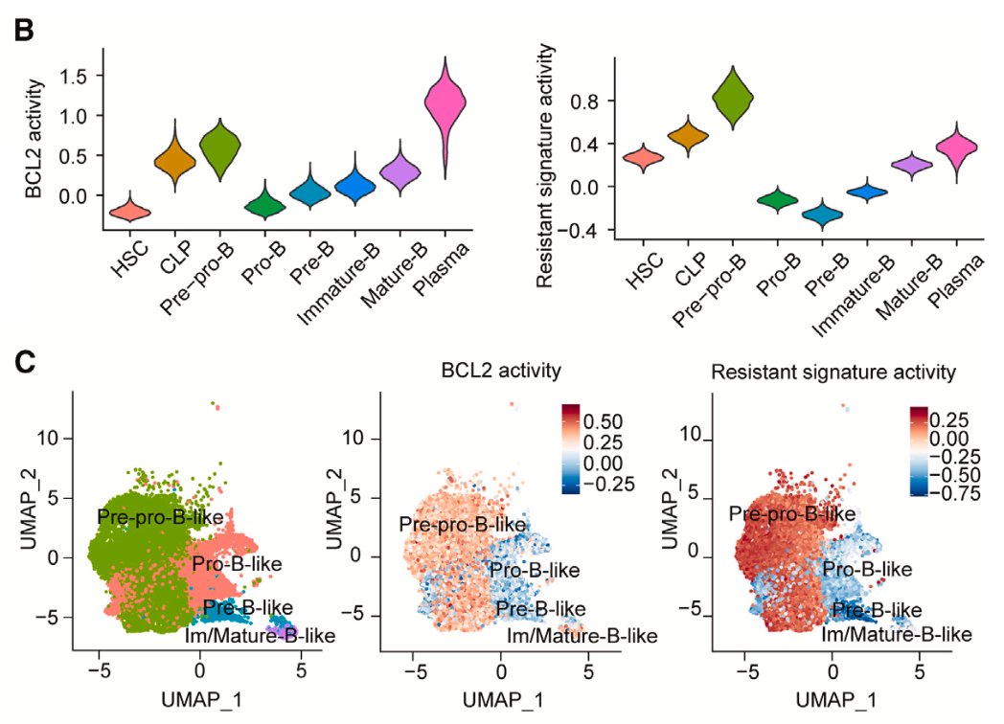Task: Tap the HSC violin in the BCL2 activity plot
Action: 129,211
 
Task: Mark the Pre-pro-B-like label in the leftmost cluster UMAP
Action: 160,517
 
